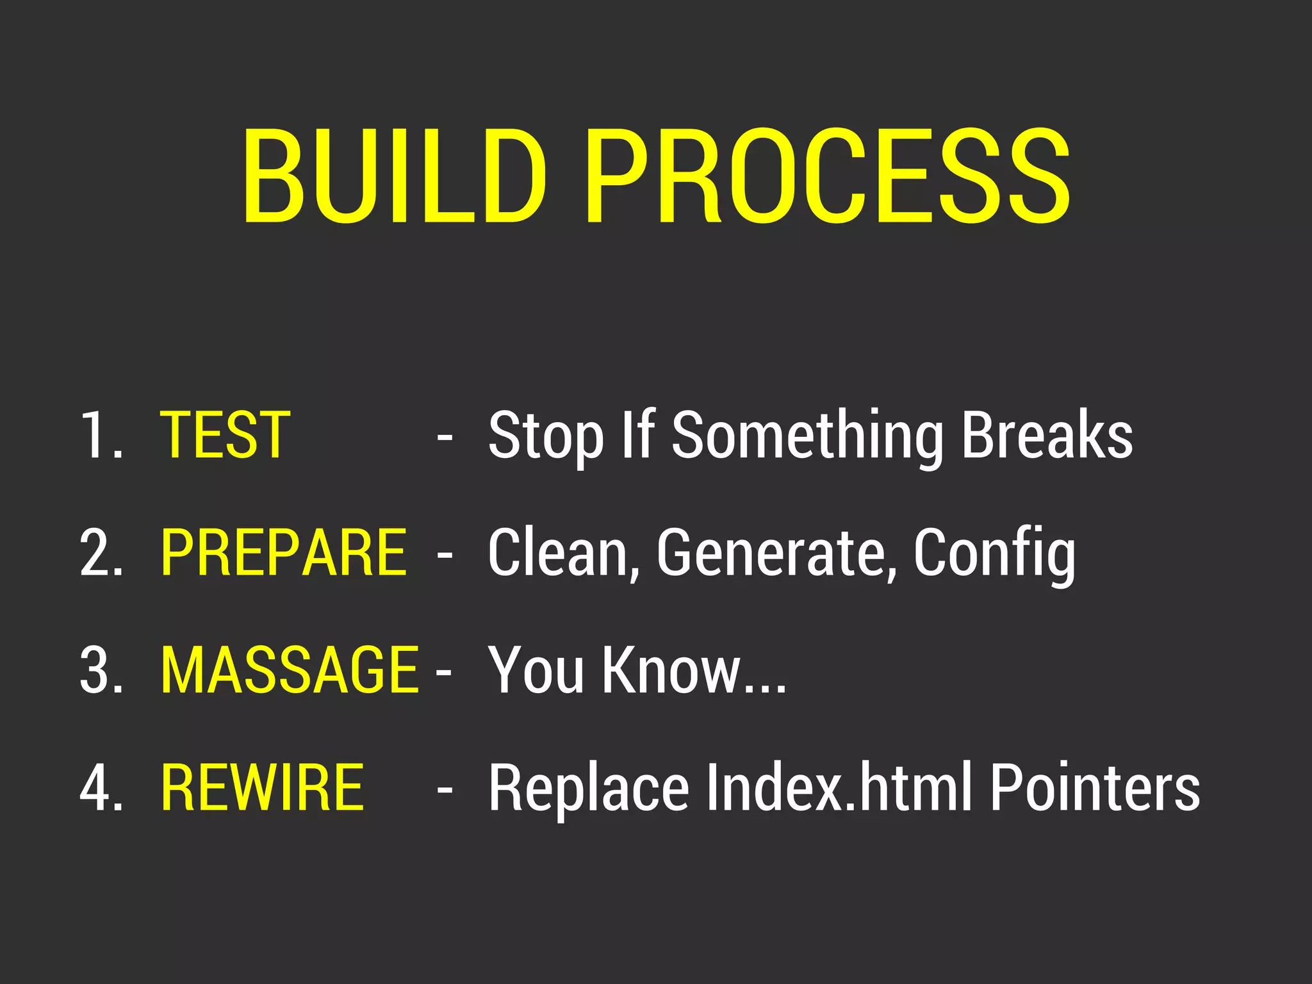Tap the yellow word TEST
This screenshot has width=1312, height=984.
pos(225,436)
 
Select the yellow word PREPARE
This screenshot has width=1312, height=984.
pos(284,553)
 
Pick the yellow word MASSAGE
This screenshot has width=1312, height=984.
pos(290,670)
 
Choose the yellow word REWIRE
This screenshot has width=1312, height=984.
pos(262,787)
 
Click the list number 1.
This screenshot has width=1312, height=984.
pos(99,436)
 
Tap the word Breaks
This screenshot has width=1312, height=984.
pos(1047,436)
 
